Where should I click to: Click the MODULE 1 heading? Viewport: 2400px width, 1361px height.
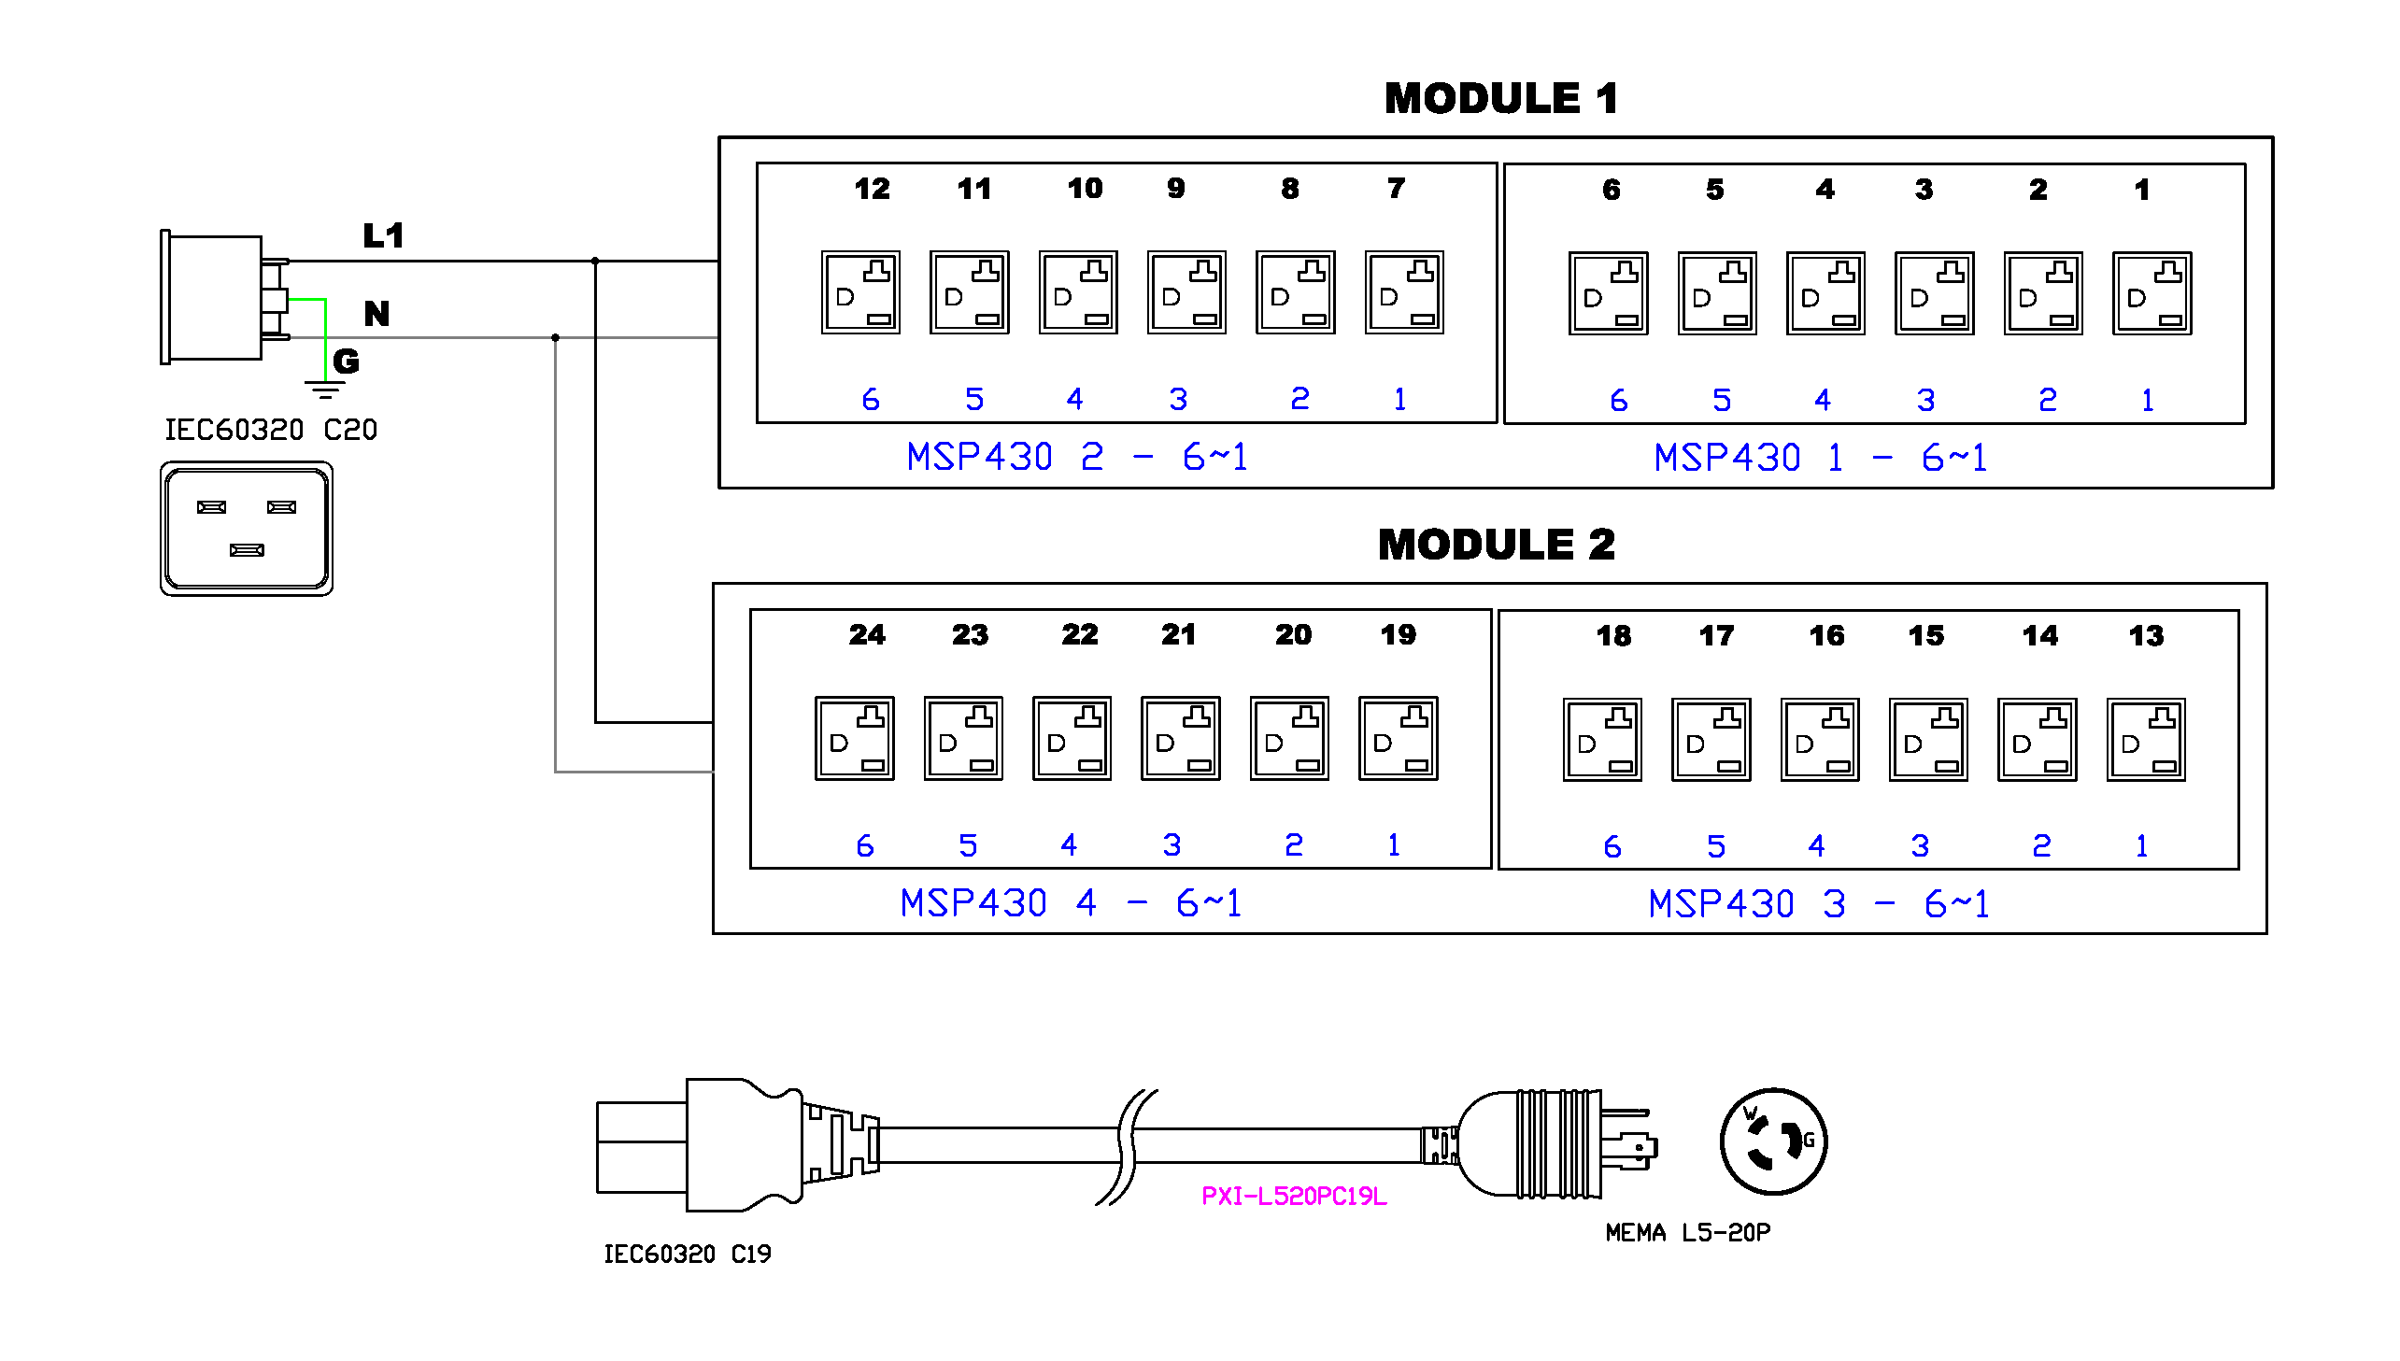1500,99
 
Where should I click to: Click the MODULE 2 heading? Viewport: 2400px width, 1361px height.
1496,545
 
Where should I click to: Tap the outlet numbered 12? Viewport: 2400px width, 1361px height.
859,291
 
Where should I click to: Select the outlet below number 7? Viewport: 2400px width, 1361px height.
1404,291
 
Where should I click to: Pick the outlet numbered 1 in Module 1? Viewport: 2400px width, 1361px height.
2151,293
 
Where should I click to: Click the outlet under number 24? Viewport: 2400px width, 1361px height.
854,738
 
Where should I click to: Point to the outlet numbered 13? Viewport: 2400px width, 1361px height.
2146,740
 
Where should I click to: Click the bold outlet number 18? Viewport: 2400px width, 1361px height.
1613,635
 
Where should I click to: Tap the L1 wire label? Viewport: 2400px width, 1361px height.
383,235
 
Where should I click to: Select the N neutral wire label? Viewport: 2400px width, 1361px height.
376,313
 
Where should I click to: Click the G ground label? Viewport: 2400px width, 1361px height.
346,361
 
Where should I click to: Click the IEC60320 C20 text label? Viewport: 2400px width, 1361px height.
271,430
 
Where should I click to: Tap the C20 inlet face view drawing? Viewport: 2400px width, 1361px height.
247,528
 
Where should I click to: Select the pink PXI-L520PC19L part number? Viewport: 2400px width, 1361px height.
1294,1197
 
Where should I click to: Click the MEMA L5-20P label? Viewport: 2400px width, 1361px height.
1687,1233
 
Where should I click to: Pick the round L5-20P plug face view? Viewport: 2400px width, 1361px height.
1773,1141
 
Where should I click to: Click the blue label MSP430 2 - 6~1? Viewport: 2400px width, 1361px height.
1076,457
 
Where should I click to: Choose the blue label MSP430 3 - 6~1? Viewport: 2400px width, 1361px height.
1818,904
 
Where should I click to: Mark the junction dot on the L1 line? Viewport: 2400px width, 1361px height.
595,261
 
